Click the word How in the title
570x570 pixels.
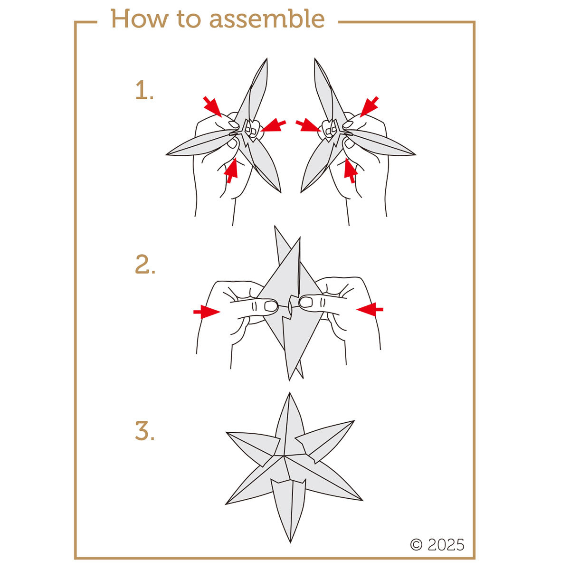(139, 19)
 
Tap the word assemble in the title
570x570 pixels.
(267, 19)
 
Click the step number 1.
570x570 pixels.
(144, 90)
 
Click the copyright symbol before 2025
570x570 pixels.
(416, 544)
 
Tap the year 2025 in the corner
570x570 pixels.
(446, 544)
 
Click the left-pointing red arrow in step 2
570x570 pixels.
(370, 309)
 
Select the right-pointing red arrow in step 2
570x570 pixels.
(207, 312)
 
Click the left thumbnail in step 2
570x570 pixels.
(271, 306)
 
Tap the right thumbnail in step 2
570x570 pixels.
(306, 302)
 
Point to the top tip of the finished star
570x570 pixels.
(290, 393)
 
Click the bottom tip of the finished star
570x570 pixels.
(290, 542)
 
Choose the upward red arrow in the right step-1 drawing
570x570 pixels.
(350, 171)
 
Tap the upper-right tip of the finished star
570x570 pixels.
(354, 421)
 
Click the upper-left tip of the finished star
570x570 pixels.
(227, 432)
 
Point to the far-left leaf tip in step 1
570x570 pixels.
(167, 154)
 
